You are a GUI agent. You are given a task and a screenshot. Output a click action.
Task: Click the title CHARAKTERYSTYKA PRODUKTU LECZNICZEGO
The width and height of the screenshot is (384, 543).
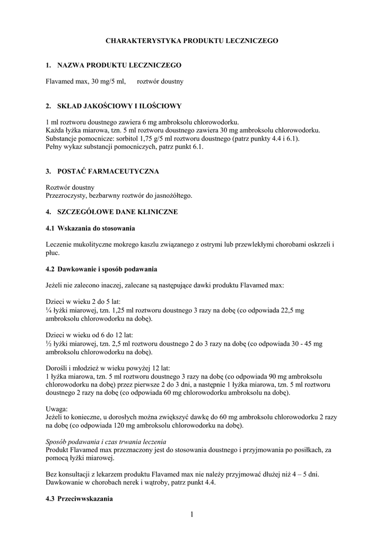191,40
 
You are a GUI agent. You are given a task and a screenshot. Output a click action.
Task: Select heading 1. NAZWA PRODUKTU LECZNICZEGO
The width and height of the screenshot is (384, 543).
114,65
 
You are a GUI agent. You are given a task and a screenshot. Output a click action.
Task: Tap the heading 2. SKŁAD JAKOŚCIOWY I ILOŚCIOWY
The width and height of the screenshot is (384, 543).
114,106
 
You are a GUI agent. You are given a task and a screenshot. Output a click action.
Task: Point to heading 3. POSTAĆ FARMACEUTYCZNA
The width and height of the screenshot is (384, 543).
102,172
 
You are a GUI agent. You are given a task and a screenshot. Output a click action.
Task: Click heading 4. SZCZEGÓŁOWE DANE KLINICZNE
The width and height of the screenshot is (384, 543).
112,212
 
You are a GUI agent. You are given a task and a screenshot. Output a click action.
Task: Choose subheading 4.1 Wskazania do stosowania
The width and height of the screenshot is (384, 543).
90,228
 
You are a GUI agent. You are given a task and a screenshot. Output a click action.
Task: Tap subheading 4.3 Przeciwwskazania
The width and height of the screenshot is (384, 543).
79,499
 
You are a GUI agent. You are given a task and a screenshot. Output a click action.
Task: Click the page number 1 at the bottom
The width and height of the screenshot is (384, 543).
191,515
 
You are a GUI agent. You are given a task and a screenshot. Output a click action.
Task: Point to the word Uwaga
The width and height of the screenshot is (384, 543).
57,409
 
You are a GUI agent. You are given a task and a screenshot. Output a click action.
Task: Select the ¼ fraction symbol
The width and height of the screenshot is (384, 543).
49,310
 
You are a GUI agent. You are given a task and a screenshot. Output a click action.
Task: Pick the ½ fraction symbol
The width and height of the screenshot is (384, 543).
49,344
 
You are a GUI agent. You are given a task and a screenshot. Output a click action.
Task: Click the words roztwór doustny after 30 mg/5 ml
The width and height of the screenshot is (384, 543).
160,81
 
